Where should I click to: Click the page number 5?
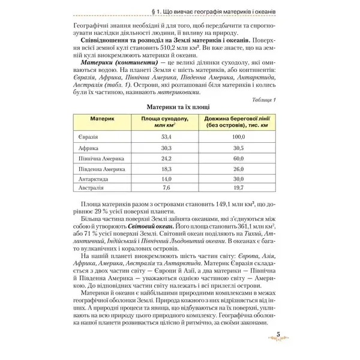click(x=278, y=335)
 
